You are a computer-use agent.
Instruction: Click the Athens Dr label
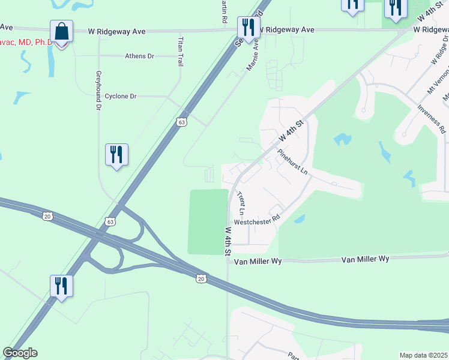click(139, 56)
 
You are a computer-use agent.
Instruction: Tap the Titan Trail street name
click(179, 51)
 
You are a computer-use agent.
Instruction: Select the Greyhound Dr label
click(98, 91)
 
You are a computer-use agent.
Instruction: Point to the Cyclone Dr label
click(121, 96)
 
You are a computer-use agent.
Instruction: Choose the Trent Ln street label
click(241, 203)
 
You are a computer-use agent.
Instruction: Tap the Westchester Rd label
click(257, 221)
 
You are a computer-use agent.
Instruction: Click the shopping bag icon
click(61, 31)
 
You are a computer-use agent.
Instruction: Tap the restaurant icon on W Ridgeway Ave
click(247, 27)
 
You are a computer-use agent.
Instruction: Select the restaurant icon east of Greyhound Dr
click(116, 155)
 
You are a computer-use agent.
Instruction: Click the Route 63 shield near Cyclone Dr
click(181, 122)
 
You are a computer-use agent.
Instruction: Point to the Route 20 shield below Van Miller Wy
click(201, 278)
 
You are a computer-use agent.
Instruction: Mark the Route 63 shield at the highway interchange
click(110, 221)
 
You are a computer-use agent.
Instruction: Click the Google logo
click(20, 353)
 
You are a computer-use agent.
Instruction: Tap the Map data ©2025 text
click(423, 355)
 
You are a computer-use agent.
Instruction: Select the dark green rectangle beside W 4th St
click(208, 221)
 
